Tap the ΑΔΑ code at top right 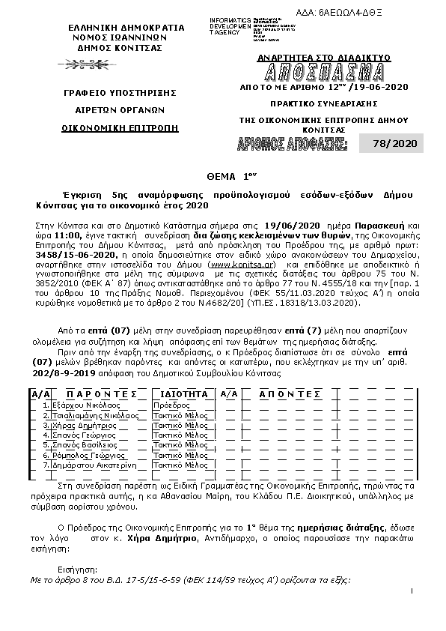pos(397,13)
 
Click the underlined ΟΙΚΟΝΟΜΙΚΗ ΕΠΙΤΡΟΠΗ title pos(120,128)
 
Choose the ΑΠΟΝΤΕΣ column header pos(289,393)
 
